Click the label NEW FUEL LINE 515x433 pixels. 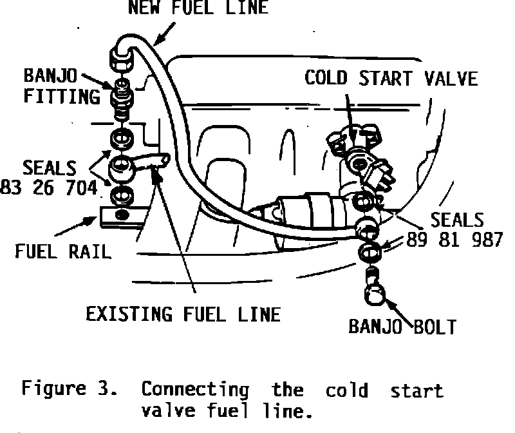pos(198,8)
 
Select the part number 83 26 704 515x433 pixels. pos(50,188)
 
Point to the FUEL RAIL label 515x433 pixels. pos(62,251)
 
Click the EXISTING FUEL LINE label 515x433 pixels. pos(183,314)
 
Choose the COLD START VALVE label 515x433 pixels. pos(391,78)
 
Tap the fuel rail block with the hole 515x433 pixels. pos(121,214)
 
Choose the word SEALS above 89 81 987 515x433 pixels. pos(457,219)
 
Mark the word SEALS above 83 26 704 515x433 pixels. pos(50,168)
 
